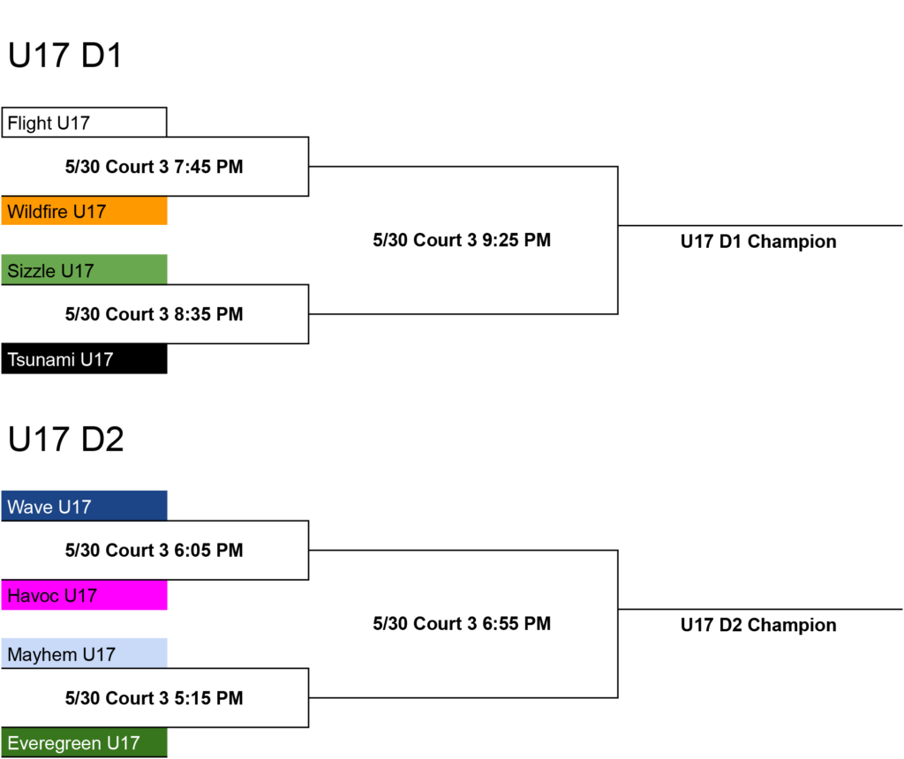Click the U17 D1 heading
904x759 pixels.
point(65,56)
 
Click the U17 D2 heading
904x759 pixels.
point(65,440)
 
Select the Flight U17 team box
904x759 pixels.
point(84,122)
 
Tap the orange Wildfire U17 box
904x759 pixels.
point(84,211)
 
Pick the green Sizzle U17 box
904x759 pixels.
point(84,270)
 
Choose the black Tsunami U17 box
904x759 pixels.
point(84,359)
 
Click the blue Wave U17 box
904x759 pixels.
point(84,506)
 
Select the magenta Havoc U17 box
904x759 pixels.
point(84,595)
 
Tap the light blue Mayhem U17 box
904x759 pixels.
point(84,654)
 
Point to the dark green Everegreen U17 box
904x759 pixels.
point(84,742)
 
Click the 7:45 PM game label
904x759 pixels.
point(154,167)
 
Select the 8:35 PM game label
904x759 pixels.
point(154,314)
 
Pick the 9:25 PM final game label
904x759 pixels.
point(462,240)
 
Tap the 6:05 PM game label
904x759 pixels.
point(154,551)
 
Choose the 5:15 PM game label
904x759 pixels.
point(154,698)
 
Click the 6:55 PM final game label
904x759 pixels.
point(462,624)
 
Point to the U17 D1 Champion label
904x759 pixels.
point(758,242)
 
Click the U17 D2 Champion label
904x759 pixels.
point(758,626)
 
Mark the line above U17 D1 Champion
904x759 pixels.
point(760,225)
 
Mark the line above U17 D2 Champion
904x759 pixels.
point(760,609)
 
